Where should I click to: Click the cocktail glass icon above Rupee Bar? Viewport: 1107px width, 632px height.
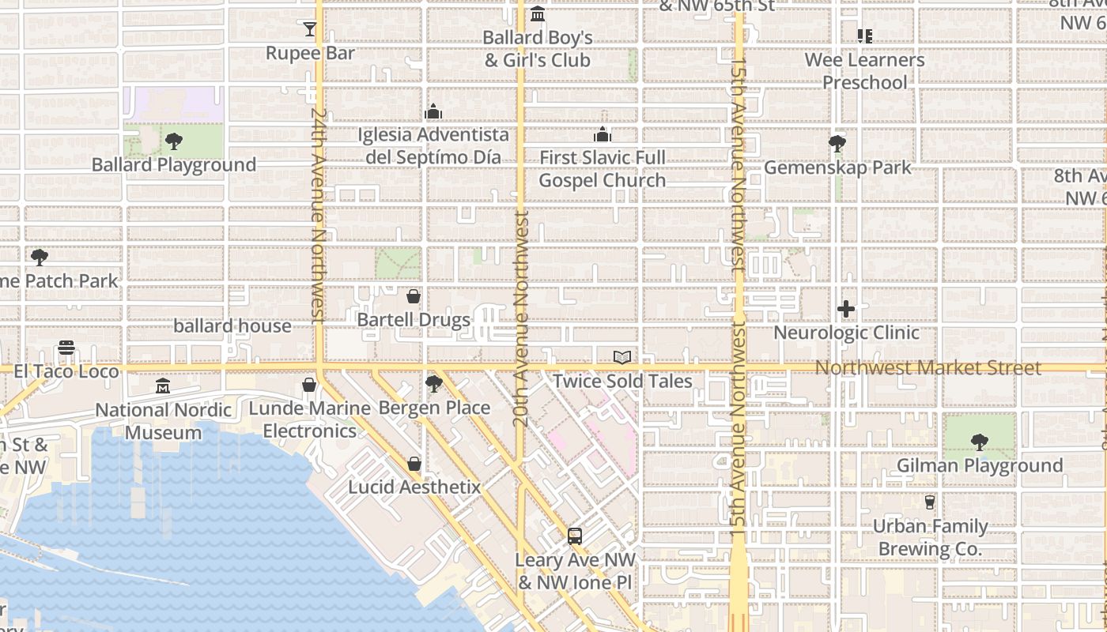point(310,30)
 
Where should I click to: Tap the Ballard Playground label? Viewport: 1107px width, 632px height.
point(174,165)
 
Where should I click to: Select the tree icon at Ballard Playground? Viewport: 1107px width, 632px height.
point(174,142)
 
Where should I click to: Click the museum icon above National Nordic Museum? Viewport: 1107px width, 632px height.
point(163,386)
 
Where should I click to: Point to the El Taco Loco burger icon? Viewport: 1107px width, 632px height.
point(66,348)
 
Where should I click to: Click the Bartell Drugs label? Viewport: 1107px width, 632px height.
point(414,320)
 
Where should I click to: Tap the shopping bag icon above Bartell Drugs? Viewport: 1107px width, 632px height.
point(413,297)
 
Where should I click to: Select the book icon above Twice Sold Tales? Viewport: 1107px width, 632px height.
point(622,358)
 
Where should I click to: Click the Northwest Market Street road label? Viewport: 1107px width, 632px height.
point(928,368)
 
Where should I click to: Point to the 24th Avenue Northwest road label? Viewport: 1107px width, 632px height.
point(319,215)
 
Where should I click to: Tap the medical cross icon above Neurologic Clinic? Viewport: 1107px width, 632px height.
point(846,309)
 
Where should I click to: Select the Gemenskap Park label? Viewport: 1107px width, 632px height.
point(837,167)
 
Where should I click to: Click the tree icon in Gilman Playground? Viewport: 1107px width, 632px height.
point(979,442)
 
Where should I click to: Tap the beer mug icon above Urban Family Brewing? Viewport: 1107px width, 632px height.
point(930,502)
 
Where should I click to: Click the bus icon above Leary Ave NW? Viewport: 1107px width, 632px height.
point(575,536)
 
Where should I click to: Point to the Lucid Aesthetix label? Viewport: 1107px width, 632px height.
point(414,487)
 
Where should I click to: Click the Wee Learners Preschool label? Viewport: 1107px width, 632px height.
point(864,71)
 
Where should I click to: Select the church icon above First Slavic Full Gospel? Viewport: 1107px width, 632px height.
point(603,134)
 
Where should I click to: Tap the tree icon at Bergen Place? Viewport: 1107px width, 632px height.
point(433,385)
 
